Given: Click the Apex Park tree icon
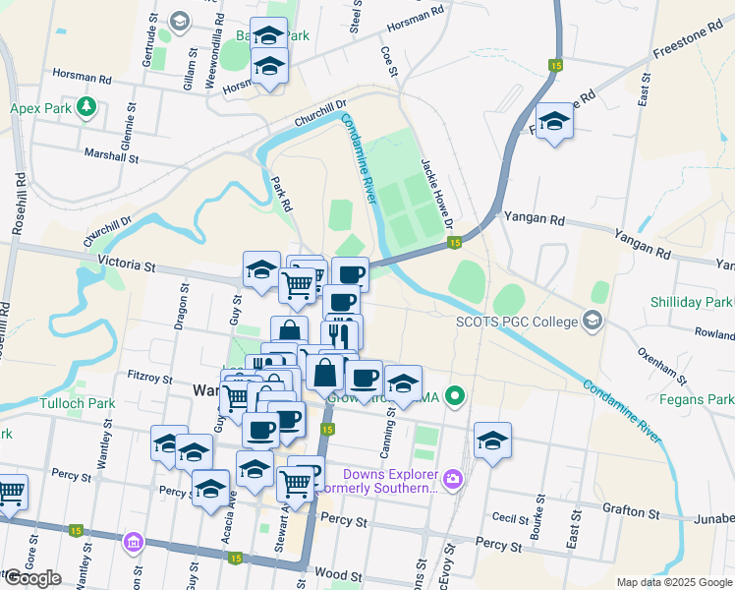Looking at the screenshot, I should coord(86,106).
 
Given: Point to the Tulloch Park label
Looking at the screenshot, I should coord(78,403).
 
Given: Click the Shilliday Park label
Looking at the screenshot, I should coord(691,302).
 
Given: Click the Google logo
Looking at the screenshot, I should coord(32,578).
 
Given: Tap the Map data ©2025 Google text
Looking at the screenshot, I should coord(673,582).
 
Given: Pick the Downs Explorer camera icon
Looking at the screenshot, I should coord(452,479).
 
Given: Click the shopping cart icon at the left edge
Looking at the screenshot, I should coord(11,490).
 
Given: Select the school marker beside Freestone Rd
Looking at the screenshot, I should coord(555,121).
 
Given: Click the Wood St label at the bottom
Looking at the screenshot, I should coord(334,572).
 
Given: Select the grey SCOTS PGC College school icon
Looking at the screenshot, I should coord(592,320).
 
